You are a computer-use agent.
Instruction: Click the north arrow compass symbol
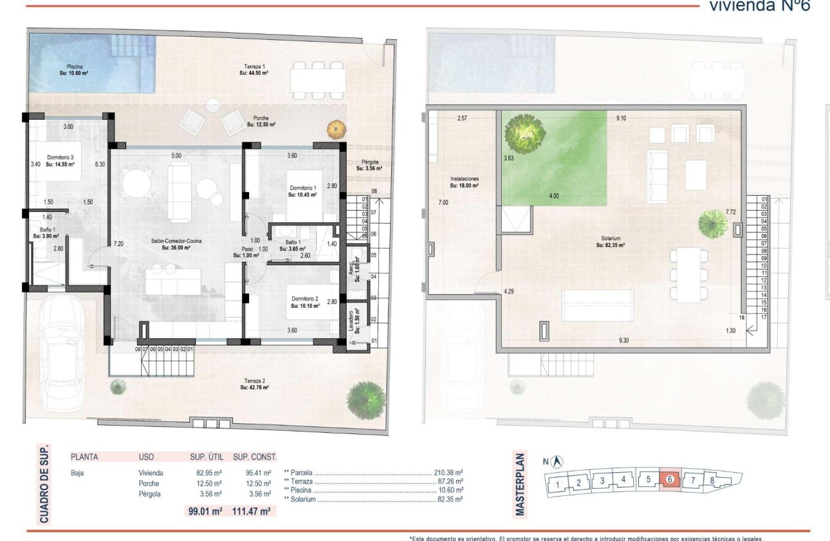point(557,461)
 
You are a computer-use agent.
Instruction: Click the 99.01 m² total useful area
point(203,511)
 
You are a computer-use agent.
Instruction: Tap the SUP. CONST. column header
point(255,457)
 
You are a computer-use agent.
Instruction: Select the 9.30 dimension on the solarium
point(623,340)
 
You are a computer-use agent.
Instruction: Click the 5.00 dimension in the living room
point(176,155)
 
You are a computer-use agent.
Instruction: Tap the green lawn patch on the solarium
point(566,155)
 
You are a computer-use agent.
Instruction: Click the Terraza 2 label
point(254,384)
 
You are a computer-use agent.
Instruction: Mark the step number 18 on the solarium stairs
point(742,318)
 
